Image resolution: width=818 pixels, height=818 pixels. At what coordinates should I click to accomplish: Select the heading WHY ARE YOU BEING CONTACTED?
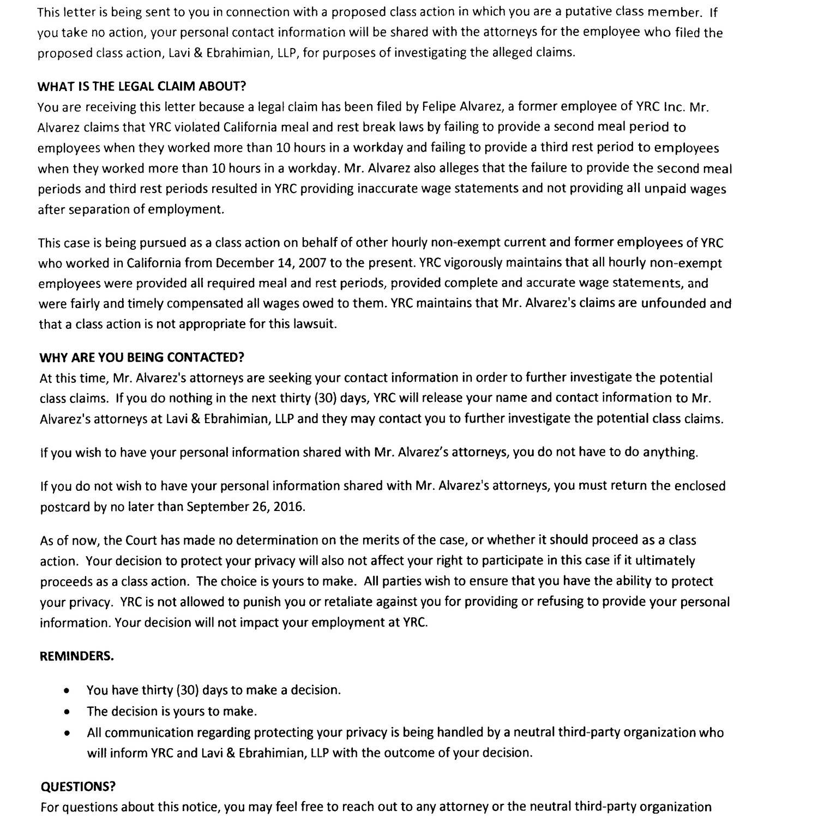click(142, 357)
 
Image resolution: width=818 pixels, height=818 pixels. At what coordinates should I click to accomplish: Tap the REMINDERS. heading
click(77, 656)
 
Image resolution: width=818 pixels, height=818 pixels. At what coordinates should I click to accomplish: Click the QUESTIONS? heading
click(78, 786)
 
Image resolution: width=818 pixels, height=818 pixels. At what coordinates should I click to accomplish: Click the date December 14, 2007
click(271, 263)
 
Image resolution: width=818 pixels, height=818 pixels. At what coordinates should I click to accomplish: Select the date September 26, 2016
click(245, 507)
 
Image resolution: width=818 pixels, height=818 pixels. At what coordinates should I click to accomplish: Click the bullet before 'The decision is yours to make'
click(66, 712)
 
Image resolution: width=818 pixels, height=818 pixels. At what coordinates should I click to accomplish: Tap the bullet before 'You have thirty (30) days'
click(66, 690)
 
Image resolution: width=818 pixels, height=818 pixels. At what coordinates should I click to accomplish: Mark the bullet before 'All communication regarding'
click(66, 733)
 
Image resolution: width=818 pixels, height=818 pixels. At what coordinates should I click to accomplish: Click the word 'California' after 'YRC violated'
click(250, 127)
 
